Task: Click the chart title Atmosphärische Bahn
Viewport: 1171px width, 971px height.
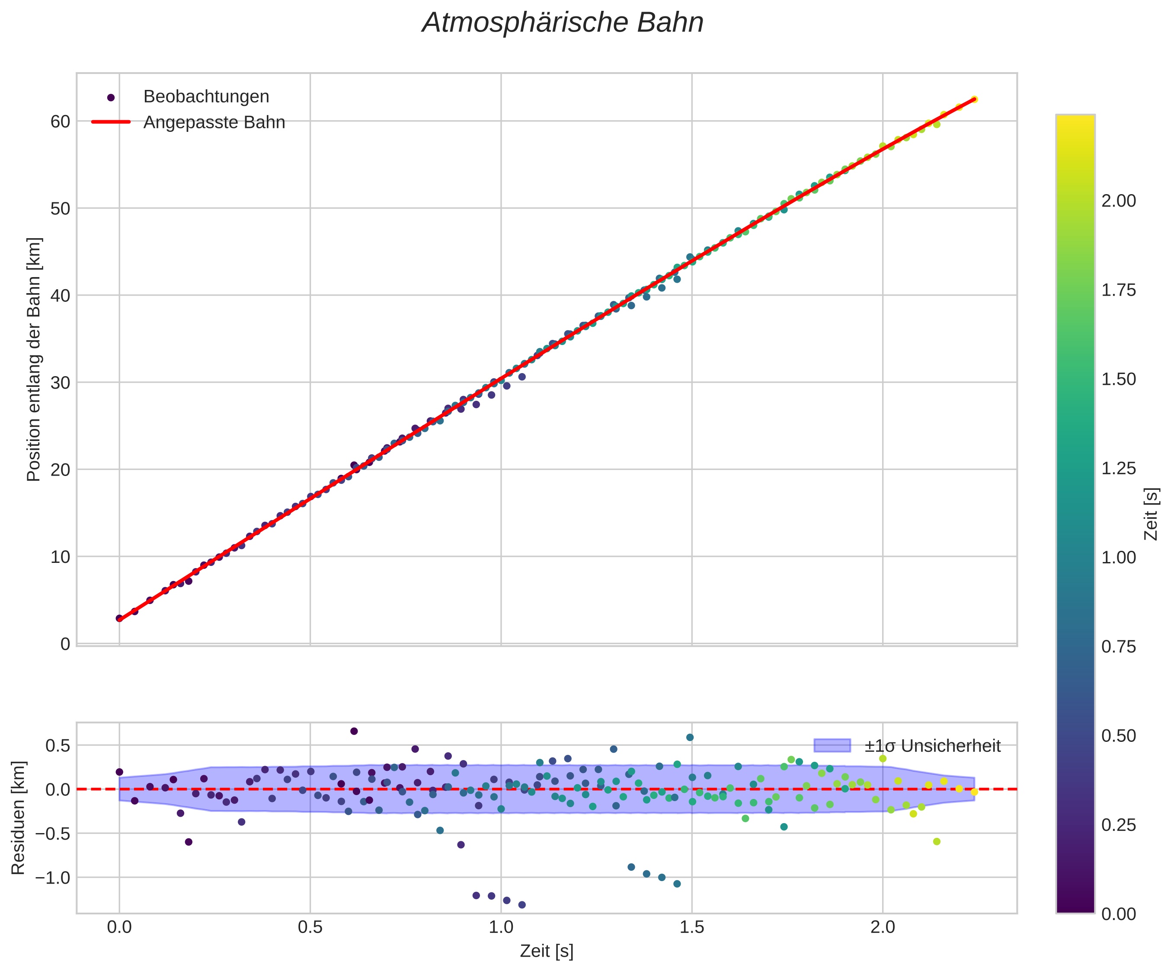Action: click(563, 23)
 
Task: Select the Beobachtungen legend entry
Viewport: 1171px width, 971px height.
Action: click(206, 97)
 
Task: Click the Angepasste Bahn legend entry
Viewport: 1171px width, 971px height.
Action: click(214, 123)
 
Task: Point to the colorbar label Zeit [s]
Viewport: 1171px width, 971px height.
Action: click(1151, 514)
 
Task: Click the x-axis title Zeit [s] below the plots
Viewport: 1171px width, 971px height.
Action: click(547, 952)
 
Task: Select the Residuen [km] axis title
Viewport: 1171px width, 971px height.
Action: click(19, 817)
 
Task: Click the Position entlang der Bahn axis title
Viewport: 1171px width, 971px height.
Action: click(34, 360)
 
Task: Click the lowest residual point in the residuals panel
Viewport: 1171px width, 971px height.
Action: click(522, 905)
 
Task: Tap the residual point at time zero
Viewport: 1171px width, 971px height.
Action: click(119, 772)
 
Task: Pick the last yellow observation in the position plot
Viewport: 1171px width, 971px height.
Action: click(974, 99)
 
